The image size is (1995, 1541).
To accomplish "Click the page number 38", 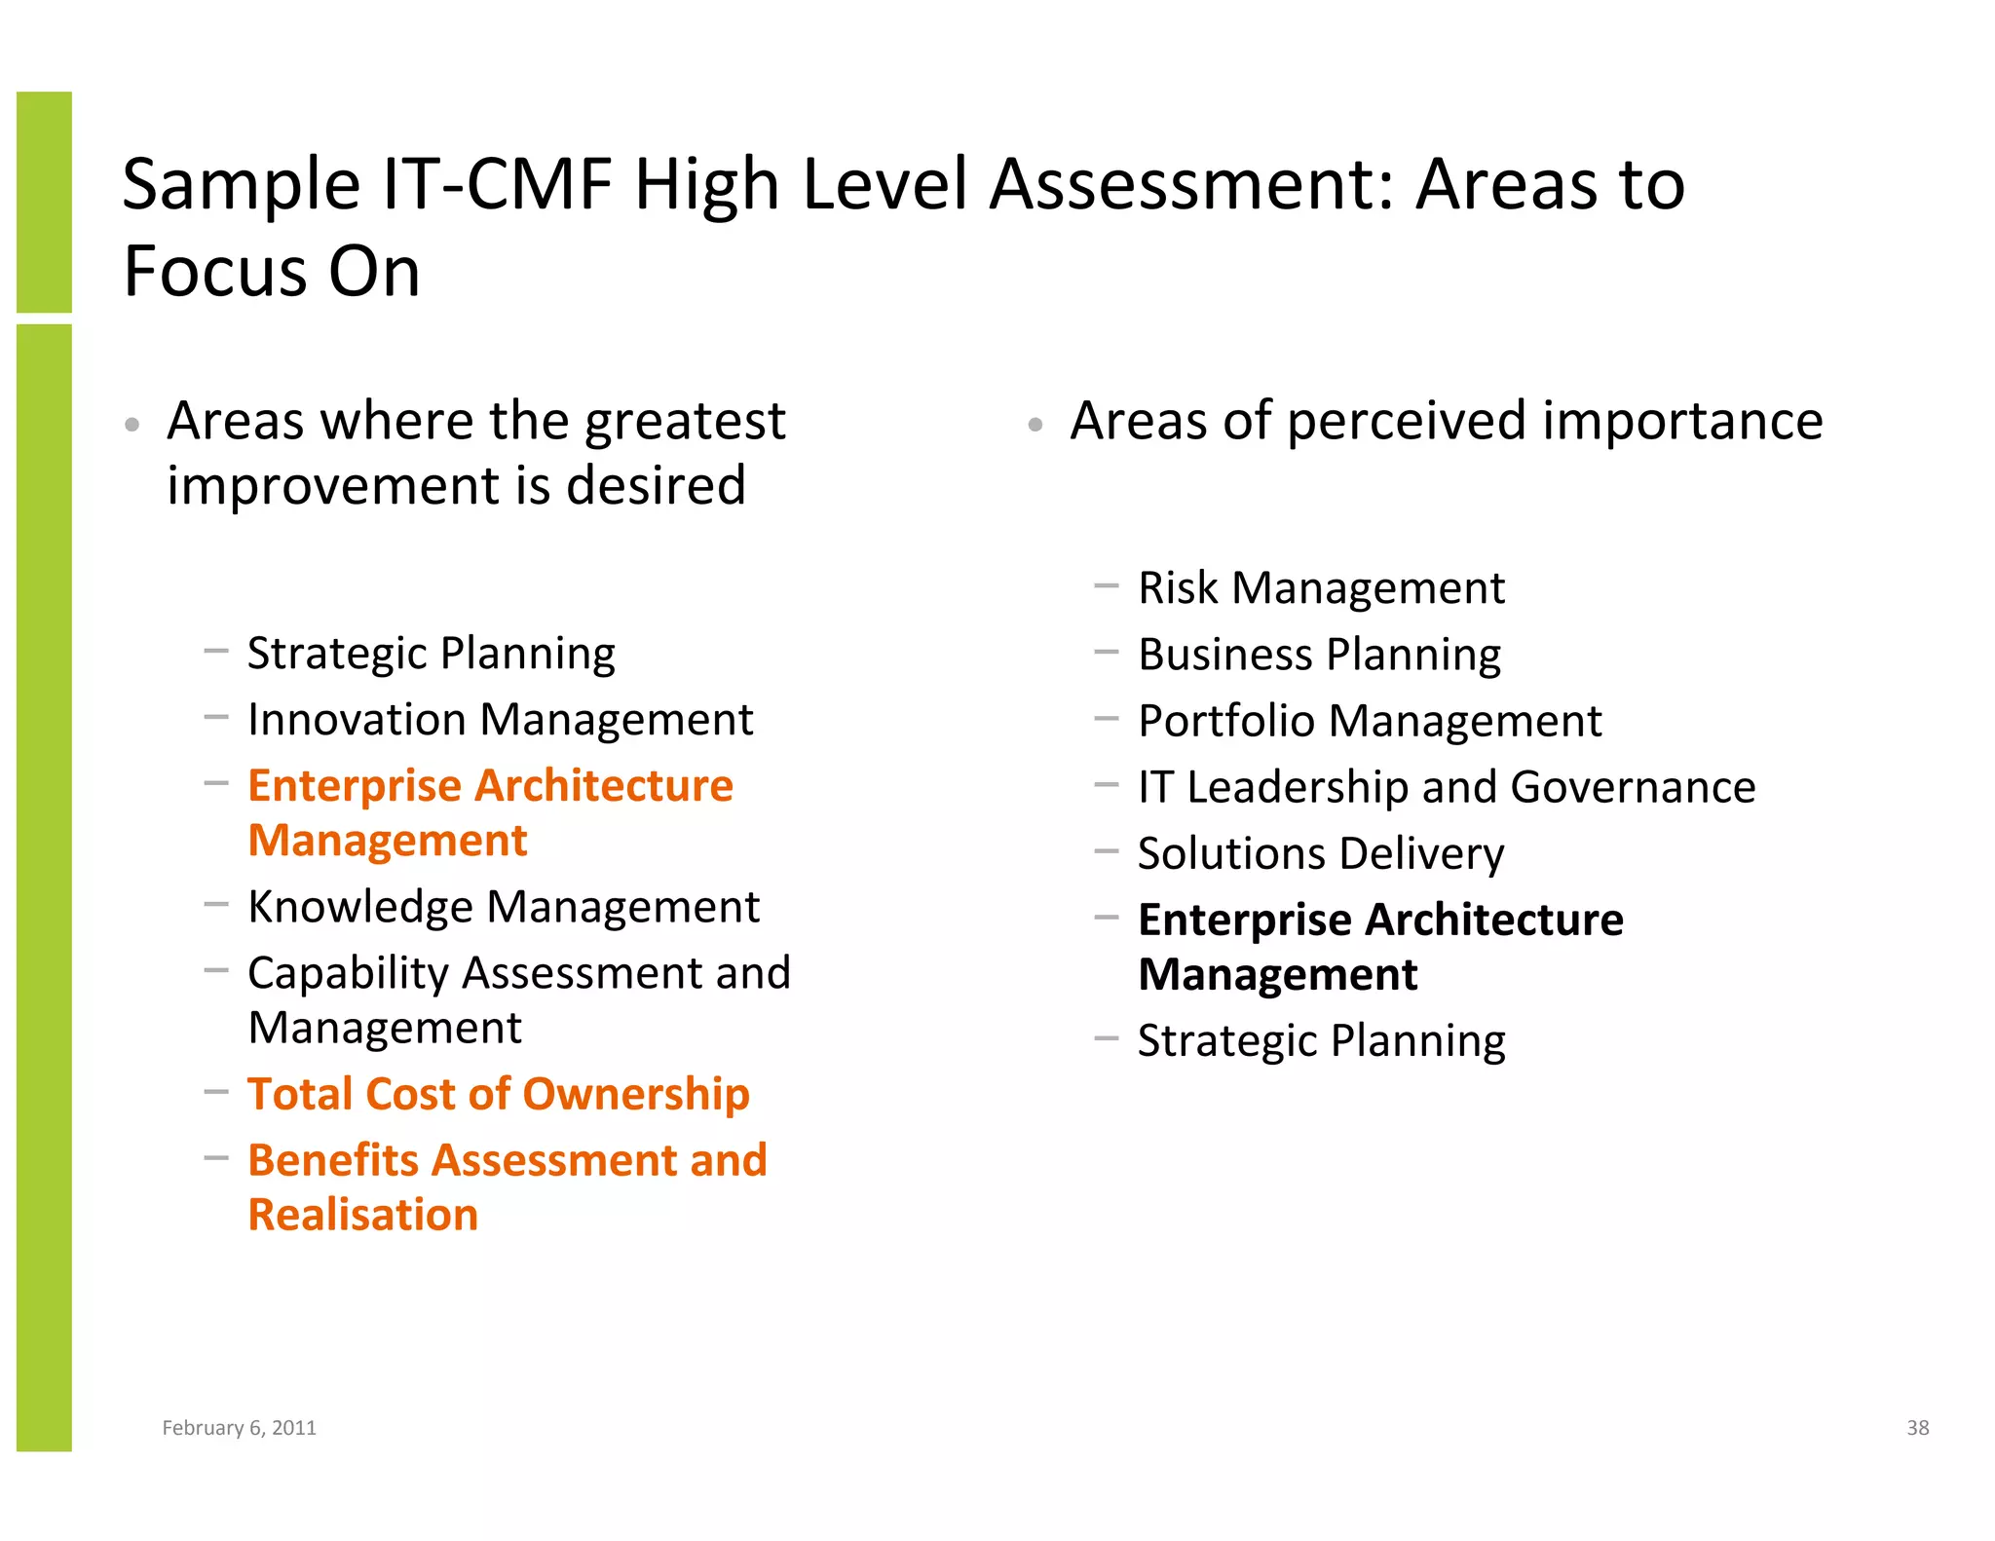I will (1917, 1427).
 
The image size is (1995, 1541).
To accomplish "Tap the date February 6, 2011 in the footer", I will (239, 1427).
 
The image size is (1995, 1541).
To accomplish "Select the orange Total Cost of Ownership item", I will (498, 1094).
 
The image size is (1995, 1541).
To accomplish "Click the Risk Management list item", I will (1321, 588).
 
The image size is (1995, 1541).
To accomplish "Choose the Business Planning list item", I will (1319, 655).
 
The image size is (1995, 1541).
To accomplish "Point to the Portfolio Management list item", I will (1370, 721).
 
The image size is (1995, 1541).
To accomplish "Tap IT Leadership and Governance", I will (1447, 787).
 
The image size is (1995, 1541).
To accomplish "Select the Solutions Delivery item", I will (1321, 853).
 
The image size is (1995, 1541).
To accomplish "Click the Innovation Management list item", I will (500, 720).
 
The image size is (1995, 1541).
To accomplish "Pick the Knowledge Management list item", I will (503, 907).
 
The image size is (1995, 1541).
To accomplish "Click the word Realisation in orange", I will (363, 1215).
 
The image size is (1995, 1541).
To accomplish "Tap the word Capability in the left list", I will (348, 973).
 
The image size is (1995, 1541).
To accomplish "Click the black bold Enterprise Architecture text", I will (1380, 920).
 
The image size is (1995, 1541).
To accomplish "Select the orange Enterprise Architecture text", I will (490, 785).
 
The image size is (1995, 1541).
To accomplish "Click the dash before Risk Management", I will (1106, 586).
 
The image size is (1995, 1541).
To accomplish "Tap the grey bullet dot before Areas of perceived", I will (1035, 425).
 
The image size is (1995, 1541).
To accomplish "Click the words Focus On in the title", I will (272, 271).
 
